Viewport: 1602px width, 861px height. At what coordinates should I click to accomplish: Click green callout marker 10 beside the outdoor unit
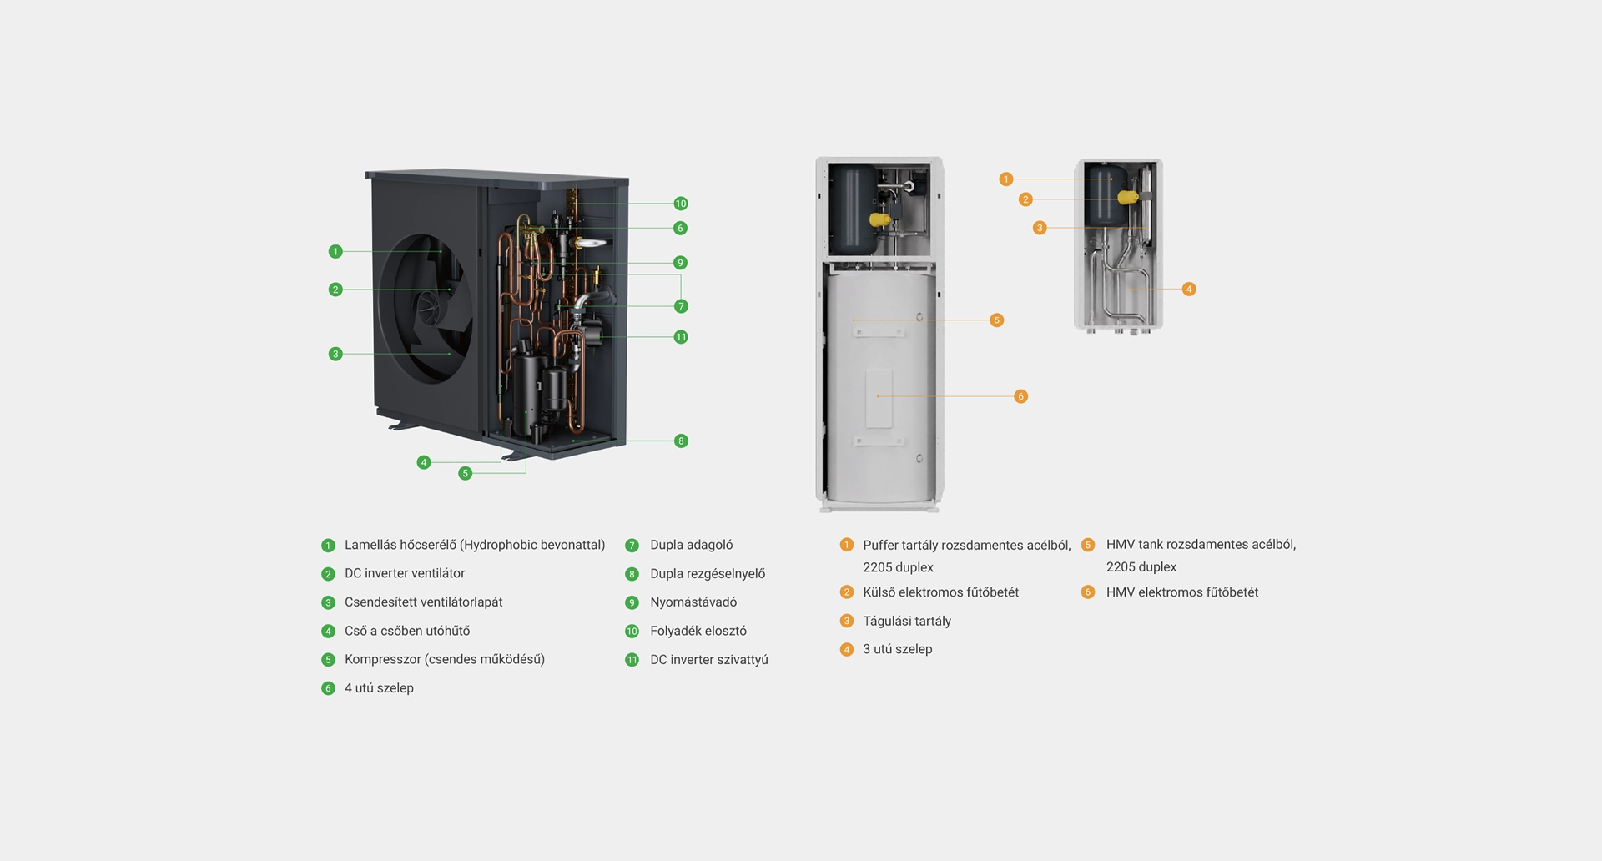click(681, 204)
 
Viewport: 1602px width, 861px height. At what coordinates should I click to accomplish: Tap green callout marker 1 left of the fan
click(335, 251)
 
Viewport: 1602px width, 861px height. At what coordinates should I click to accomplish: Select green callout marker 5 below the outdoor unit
click(466, 473)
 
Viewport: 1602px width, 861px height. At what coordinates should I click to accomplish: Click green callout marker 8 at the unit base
click(681, 441)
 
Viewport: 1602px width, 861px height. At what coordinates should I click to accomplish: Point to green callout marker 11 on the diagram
click(681, 337)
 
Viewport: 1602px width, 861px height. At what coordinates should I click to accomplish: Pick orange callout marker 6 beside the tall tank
click(1020, 396)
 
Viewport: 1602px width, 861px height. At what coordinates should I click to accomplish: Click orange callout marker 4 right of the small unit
click(1189, 290)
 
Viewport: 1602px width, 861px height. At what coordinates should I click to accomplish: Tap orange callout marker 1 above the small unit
click(1006, 179)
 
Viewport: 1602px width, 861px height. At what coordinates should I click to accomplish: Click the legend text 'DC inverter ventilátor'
click(405, 573)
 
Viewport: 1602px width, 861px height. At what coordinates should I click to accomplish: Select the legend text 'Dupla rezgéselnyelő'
click(708, 574)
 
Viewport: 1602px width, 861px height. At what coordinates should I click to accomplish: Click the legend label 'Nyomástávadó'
click(693, 602)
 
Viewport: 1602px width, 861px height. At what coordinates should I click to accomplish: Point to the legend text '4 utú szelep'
click(379, 688)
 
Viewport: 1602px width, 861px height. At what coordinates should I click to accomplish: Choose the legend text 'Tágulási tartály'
click(907, 621)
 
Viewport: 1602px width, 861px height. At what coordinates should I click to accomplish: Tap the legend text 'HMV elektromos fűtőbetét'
click(1182, 592)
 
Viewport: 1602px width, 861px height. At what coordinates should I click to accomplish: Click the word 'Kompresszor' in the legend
click(382, 659)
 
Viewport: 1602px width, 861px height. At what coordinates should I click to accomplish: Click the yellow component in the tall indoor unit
click(879, 219)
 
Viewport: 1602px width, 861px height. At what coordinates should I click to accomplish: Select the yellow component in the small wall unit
click(1127, 198)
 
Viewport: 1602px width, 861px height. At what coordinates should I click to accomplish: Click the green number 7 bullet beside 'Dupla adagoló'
click(632, 546)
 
